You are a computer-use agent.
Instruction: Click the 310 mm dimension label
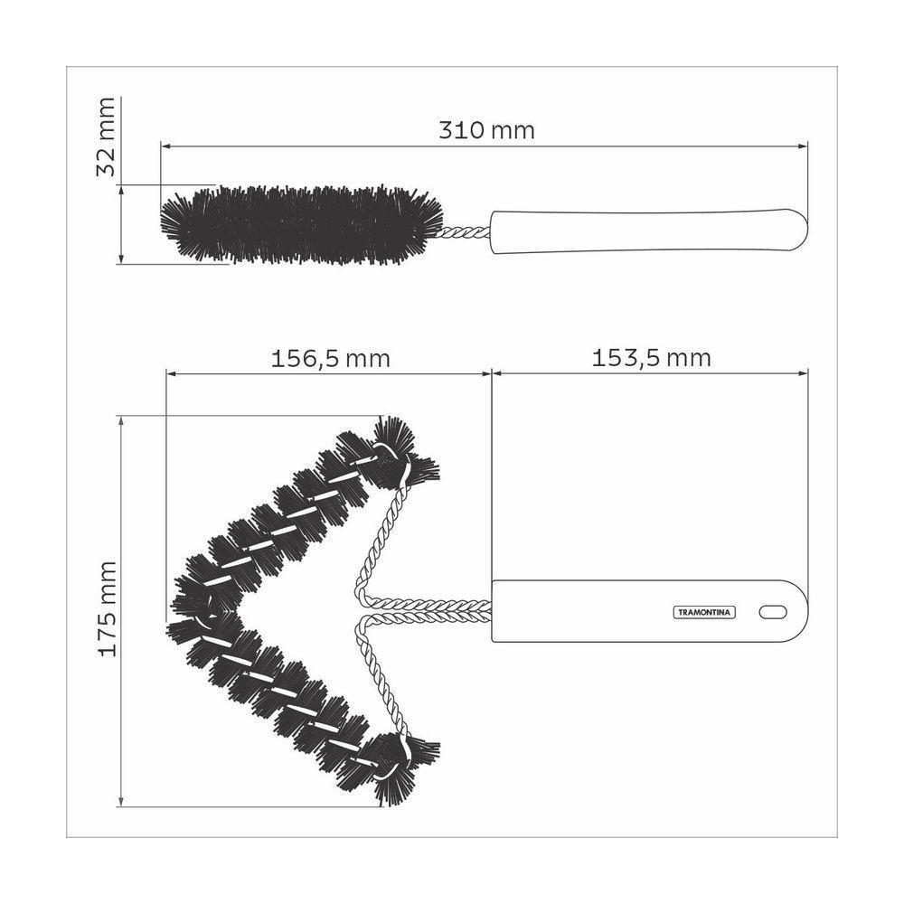point(486,130)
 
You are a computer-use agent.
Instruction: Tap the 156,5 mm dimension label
point(331,358)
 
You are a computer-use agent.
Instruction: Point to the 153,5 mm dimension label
point(651,358)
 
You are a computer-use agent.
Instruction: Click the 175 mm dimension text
point(107,608)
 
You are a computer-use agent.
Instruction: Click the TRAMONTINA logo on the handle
point(705,612)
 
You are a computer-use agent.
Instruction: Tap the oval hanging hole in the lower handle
point(773,612)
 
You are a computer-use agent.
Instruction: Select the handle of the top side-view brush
point(646,230)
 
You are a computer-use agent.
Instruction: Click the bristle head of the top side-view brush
point(298,225)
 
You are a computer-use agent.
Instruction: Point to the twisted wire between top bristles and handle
point(466,232)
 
